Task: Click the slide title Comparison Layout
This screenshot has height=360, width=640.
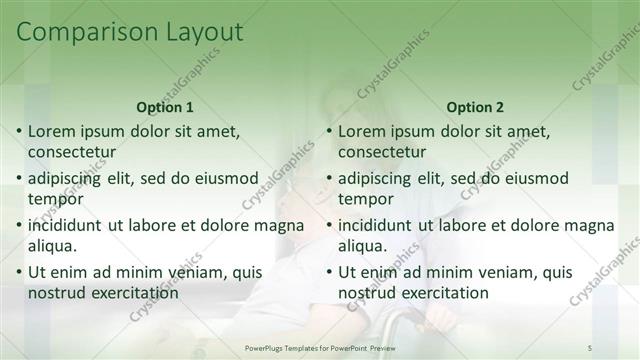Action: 130,32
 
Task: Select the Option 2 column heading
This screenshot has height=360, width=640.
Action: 476,107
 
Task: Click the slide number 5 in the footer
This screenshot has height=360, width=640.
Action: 590,347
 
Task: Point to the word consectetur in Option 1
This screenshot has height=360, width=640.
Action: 72,152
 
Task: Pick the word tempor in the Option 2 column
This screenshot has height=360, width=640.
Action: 365,199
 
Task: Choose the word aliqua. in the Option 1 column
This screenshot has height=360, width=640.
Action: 54,246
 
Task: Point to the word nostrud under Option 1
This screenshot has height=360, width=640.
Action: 56,293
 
